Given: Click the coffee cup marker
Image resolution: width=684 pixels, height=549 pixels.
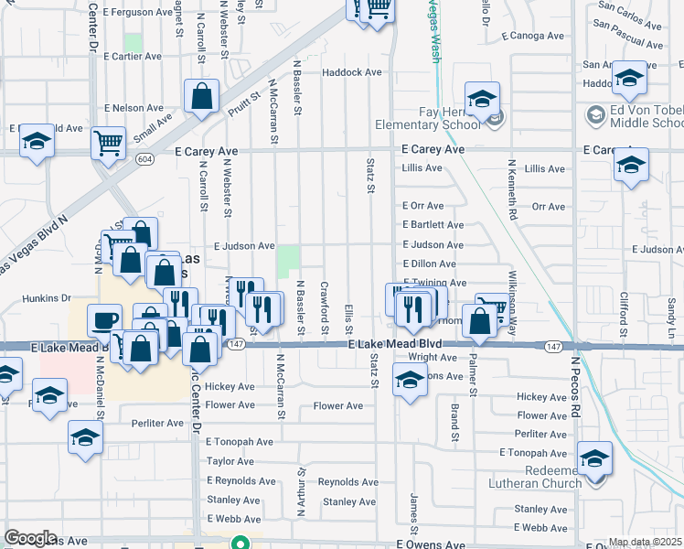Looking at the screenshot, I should [x=103, y=320].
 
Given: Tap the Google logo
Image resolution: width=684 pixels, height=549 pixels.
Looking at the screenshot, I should [x=30, y=538].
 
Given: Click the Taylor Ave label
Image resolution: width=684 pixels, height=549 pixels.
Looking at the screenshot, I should [x=229, y=461].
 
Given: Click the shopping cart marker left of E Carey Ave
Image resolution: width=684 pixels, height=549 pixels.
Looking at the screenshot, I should [x=109, y=143].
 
